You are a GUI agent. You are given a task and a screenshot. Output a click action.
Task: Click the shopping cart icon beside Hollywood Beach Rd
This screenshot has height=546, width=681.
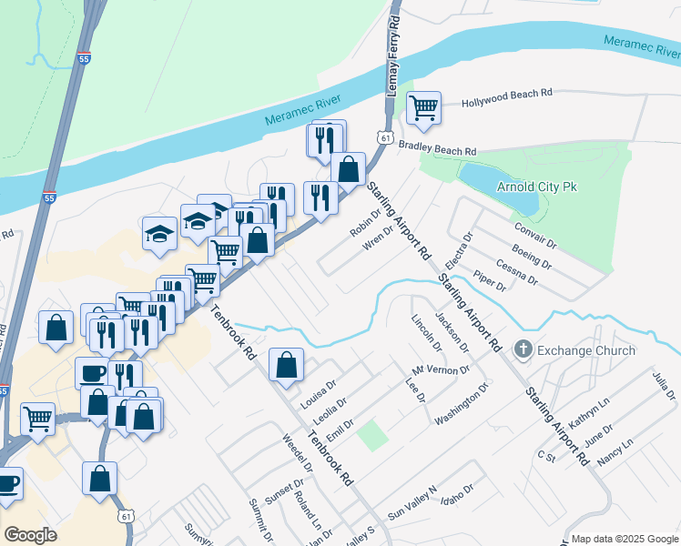coord(424,108)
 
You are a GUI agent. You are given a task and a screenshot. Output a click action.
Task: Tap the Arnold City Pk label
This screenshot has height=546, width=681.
coord(537,187)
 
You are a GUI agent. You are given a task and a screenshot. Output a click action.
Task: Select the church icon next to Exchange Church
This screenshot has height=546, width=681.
coord(523,349)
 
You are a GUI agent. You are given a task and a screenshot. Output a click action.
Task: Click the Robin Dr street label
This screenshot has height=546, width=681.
coord(364,223)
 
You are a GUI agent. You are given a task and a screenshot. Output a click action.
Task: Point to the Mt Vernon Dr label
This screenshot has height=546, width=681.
coord(440,370)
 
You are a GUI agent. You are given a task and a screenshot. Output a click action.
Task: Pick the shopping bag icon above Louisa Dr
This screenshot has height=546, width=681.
coord(287,364)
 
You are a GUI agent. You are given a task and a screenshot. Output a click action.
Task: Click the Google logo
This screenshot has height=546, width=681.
coord(30,534)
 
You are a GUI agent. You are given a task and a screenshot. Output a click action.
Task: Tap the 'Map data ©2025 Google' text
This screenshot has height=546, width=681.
coord(624,539)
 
